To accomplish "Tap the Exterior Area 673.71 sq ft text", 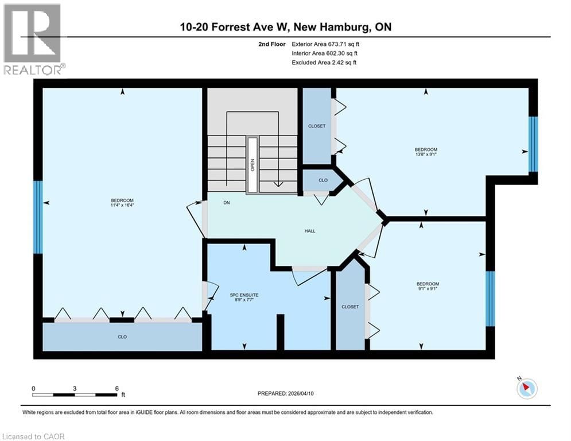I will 325,44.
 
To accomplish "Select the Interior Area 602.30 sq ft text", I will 325,53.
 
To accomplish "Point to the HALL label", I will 309,231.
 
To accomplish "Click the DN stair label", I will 227,202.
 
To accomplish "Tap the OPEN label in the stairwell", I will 252,164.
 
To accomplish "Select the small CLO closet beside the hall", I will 323,180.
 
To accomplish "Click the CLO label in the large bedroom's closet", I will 122,336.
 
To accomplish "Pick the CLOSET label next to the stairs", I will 317,126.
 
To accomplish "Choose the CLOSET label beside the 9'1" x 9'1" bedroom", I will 350,307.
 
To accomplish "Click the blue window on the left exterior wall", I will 38,217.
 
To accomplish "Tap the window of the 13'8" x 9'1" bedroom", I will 533,144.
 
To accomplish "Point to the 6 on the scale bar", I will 117,388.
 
